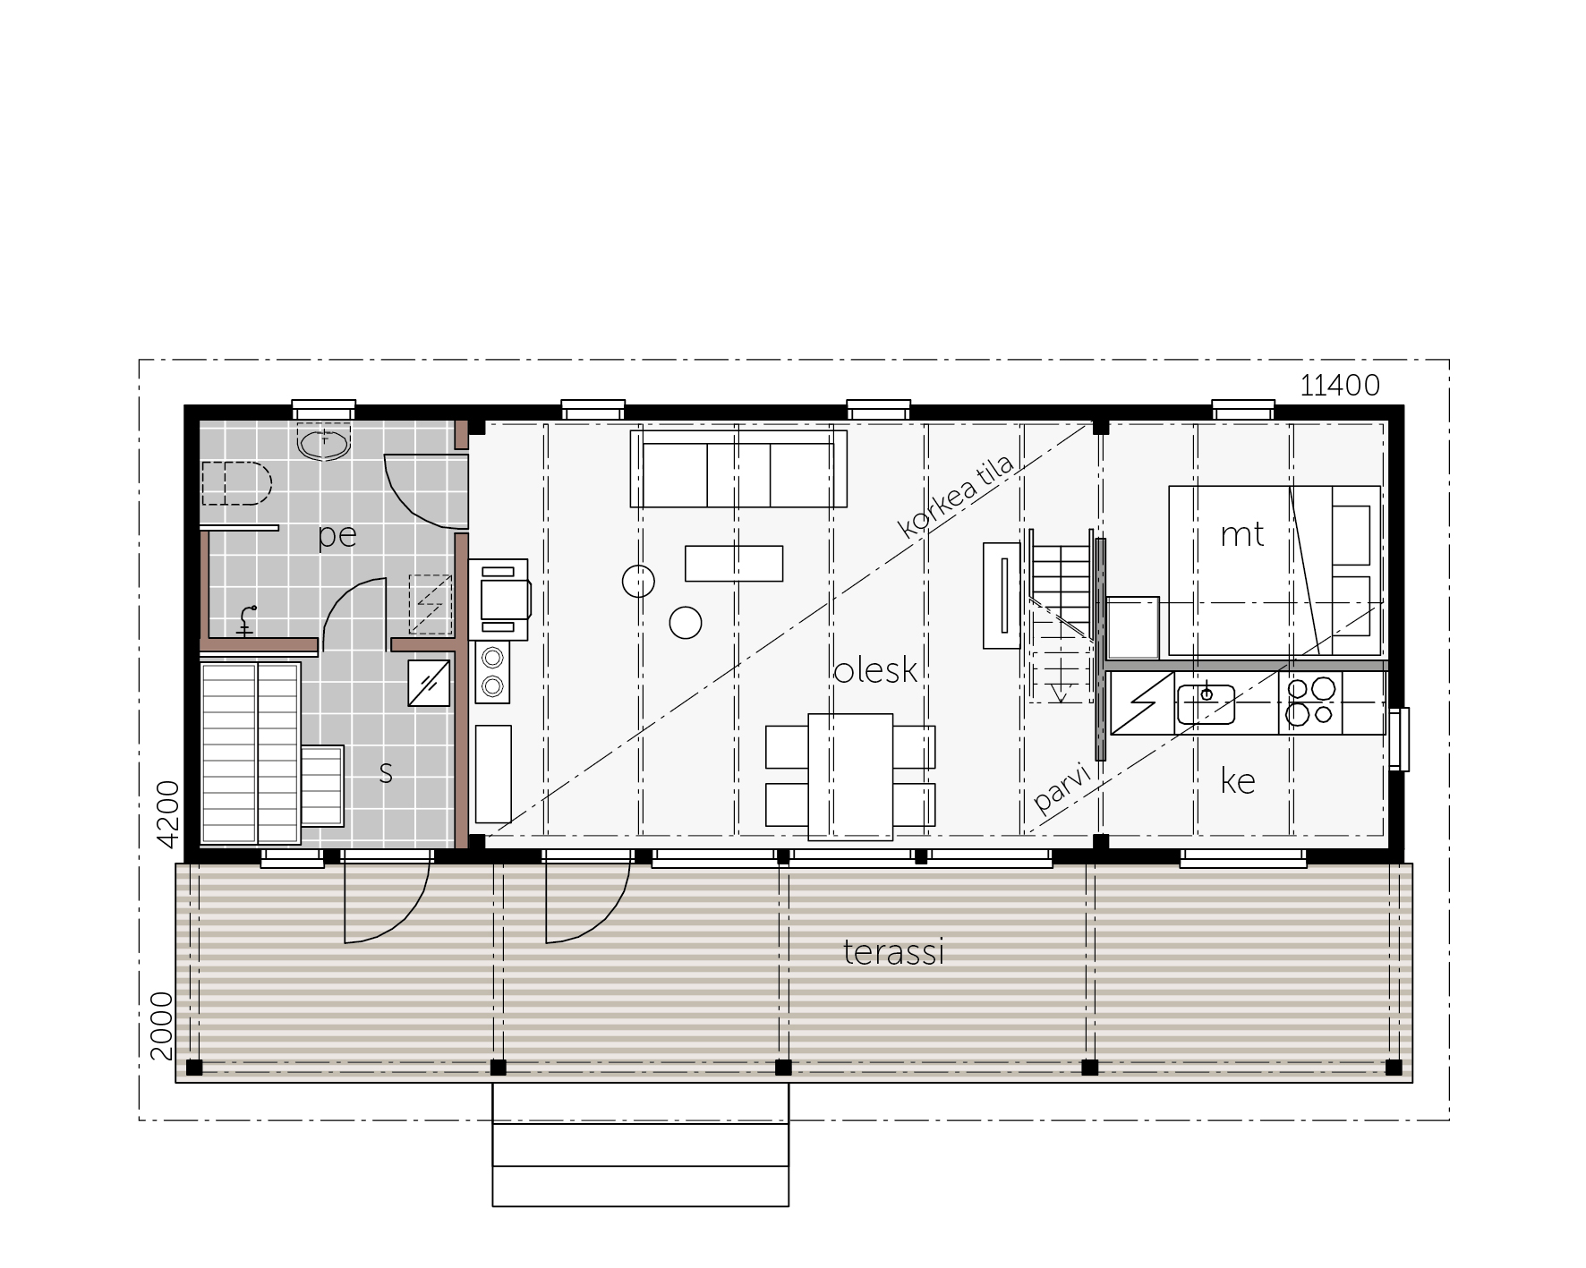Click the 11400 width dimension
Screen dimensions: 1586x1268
tap(1340, 386)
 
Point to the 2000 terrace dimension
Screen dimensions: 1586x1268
tap(162, 1025)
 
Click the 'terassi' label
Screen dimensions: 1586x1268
tap(893, 952)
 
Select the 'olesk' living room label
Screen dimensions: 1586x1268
tap(875, 670)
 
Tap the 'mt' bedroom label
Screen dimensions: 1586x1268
tap(1242, 535)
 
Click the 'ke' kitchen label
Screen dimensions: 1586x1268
tap(1238, 781)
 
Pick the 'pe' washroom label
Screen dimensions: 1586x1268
tap(337, 536)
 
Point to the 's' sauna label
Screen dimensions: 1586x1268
tap(386, 773)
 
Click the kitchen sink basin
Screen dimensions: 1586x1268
tap(1206, 703)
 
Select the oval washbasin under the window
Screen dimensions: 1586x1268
tap(323, 444)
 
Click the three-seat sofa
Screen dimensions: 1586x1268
tap(738, 469)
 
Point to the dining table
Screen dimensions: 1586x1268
tap(850, 777)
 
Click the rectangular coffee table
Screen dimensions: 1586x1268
tap(734, 563)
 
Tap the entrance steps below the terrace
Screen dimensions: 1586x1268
tap(641, 1145)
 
